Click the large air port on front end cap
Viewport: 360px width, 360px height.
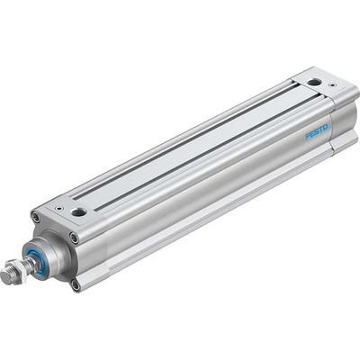point(80,212)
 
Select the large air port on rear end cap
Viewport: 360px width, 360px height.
point(312,82)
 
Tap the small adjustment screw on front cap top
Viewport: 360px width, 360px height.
point(58,207)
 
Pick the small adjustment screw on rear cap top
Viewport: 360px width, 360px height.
point(332,85)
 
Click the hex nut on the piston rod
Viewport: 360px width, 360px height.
point(14,269)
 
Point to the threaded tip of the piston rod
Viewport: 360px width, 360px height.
point(5,275)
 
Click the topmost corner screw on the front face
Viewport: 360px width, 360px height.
point(35,217)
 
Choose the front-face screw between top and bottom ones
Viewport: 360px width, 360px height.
point(73,238)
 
